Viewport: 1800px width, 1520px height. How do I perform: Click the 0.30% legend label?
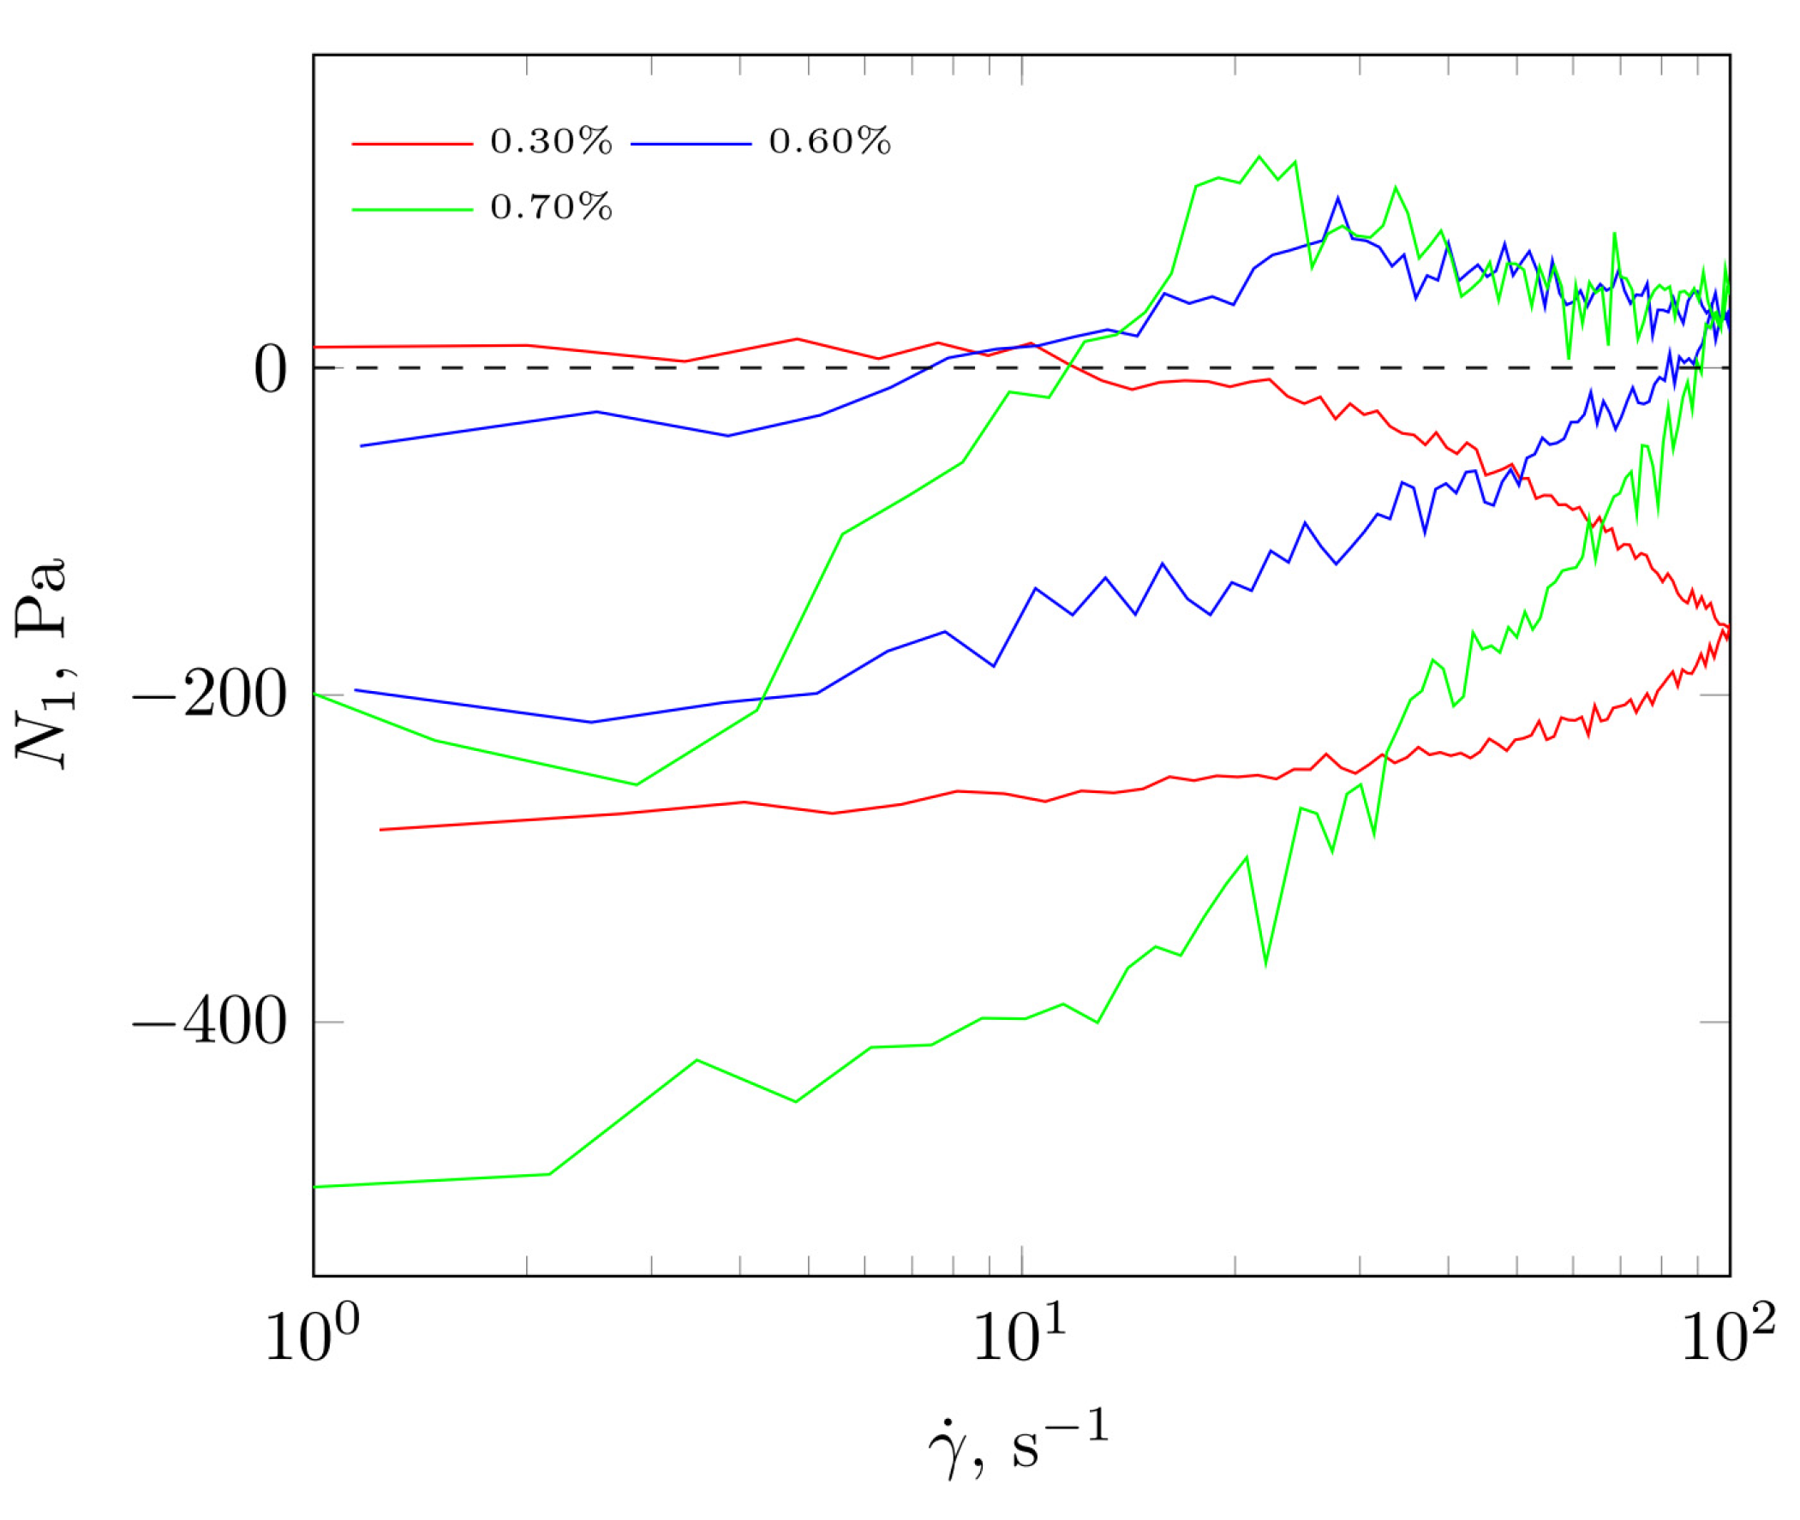(551, 142)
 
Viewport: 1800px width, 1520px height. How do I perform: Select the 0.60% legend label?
(829, 142)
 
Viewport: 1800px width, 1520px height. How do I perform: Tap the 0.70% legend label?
(551, 208)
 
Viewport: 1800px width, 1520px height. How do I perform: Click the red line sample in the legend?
(412, 144)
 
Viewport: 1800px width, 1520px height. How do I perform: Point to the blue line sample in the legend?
(691, 144)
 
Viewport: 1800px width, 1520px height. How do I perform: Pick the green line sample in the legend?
(412, 210)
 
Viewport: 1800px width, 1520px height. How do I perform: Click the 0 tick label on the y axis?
(270, 371)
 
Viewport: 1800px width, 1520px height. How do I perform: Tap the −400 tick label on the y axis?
(210, 1022)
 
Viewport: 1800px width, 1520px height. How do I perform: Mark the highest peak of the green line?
(1259, 157)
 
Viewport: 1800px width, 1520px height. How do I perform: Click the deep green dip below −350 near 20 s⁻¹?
(1265, 964)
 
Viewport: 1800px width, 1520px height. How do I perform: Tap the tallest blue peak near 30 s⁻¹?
(1337, 198)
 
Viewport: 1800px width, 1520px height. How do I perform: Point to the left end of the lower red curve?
(381, 830)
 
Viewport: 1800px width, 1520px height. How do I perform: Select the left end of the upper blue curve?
(361, 445)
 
